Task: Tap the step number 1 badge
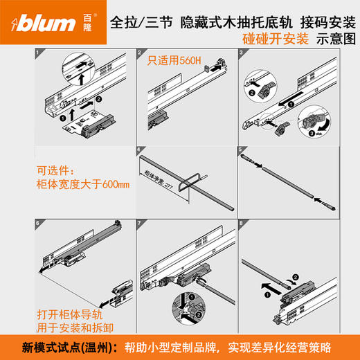36,53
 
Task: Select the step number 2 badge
139,53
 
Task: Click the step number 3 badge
240,53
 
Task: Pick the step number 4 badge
139,150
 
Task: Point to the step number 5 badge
240,150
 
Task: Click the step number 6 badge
36,224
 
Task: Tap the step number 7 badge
139,224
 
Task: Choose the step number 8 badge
240,224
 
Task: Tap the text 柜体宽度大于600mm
77,185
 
